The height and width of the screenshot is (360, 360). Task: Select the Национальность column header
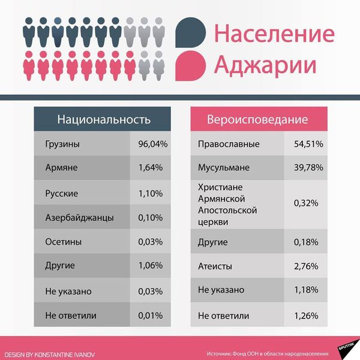[x=103, y=119]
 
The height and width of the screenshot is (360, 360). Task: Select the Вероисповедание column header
[x=257, y=119]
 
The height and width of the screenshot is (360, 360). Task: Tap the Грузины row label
[x=62, y=145]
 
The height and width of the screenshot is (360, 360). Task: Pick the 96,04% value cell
[x=150, y=145]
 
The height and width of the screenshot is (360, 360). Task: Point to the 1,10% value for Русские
[x=150, y=193]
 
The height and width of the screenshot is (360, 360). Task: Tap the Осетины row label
[x=63, y=242]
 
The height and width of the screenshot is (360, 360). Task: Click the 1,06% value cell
[x=150, y=266]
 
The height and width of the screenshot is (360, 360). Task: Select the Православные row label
[x=229, y=145]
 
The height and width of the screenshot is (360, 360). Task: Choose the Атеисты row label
[x=215, y=266]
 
